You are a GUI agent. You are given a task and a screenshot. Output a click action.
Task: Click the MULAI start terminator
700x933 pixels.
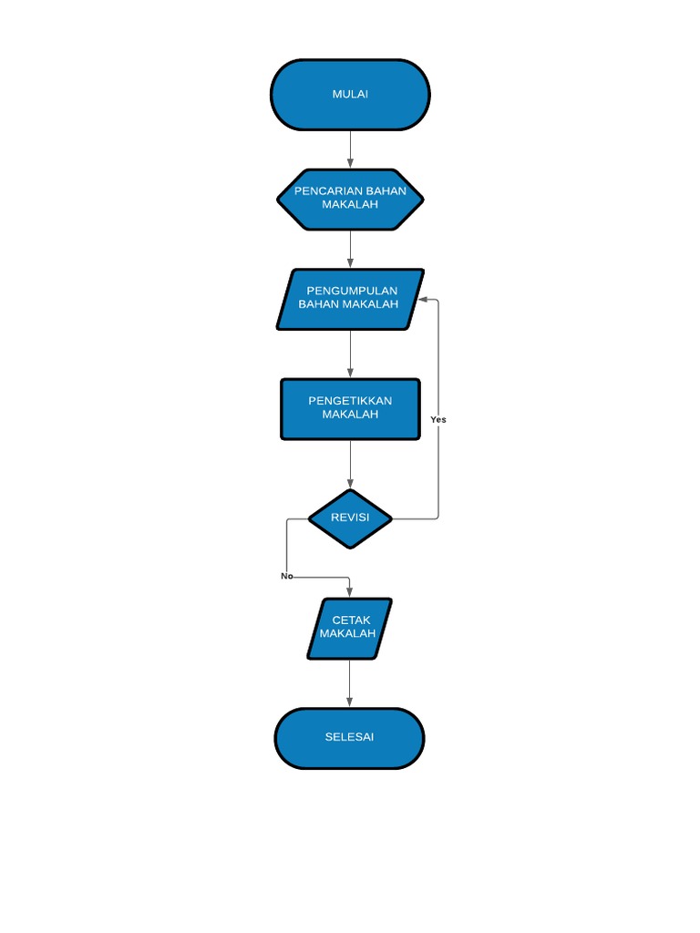(350, 95)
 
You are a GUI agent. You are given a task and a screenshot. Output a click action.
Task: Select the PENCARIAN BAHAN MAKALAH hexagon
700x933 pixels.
(350, 199)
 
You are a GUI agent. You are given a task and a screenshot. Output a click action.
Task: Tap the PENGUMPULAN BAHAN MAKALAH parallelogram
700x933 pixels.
(350, 299)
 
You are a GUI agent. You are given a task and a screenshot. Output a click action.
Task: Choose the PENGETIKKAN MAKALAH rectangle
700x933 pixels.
(350, 409)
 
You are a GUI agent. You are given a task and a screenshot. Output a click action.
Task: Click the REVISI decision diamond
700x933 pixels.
(350, 518)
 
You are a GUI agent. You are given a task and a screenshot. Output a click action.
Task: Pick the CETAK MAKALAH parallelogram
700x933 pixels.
(349, 628)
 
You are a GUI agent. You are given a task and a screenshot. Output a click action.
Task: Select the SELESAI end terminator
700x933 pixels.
(349, 737)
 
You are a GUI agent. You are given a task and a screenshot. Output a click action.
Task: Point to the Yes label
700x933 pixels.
(438, 420)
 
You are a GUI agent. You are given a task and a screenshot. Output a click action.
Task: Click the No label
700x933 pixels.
(286, 576)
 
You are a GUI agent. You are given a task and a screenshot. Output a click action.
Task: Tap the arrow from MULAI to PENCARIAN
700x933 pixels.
(350, 149)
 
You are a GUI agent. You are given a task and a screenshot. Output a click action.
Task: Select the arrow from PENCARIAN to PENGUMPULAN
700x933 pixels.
(350, 249)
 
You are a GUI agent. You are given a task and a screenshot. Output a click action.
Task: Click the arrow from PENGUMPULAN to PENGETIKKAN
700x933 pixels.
(350, 354)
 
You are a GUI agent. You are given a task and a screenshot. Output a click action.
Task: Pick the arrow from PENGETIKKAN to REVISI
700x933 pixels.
(350, 466)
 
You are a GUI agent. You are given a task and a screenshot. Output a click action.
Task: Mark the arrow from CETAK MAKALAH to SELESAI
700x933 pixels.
(349, 682)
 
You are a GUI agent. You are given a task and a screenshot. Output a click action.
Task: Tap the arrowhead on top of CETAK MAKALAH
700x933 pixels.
(349, 592)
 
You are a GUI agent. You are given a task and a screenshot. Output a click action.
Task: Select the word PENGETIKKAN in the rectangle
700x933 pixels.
(350, 401)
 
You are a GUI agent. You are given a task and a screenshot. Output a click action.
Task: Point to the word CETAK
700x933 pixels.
(351, 620)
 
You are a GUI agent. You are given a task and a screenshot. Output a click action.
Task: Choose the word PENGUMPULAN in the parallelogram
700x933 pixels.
(352, 291)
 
